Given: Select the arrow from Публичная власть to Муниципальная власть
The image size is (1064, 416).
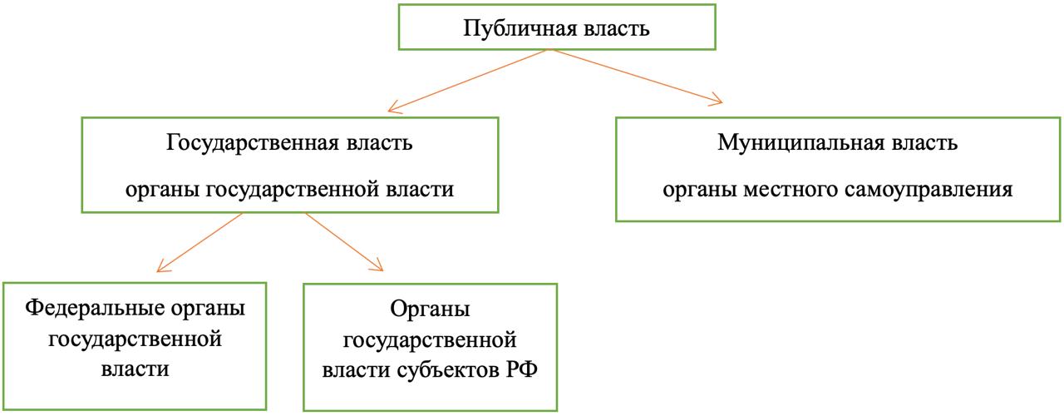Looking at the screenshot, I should [636, 77].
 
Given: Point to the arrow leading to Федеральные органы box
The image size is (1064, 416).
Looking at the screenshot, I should [199, 242].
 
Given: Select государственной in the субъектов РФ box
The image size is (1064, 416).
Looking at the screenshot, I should [431, 340].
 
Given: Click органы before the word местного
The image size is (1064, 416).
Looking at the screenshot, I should [698, 190].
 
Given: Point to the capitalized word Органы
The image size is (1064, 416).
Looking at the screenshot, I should [430, 310].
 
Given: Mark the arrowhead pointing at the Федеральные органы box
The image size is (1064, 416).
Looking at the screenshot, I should [160, 269].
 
